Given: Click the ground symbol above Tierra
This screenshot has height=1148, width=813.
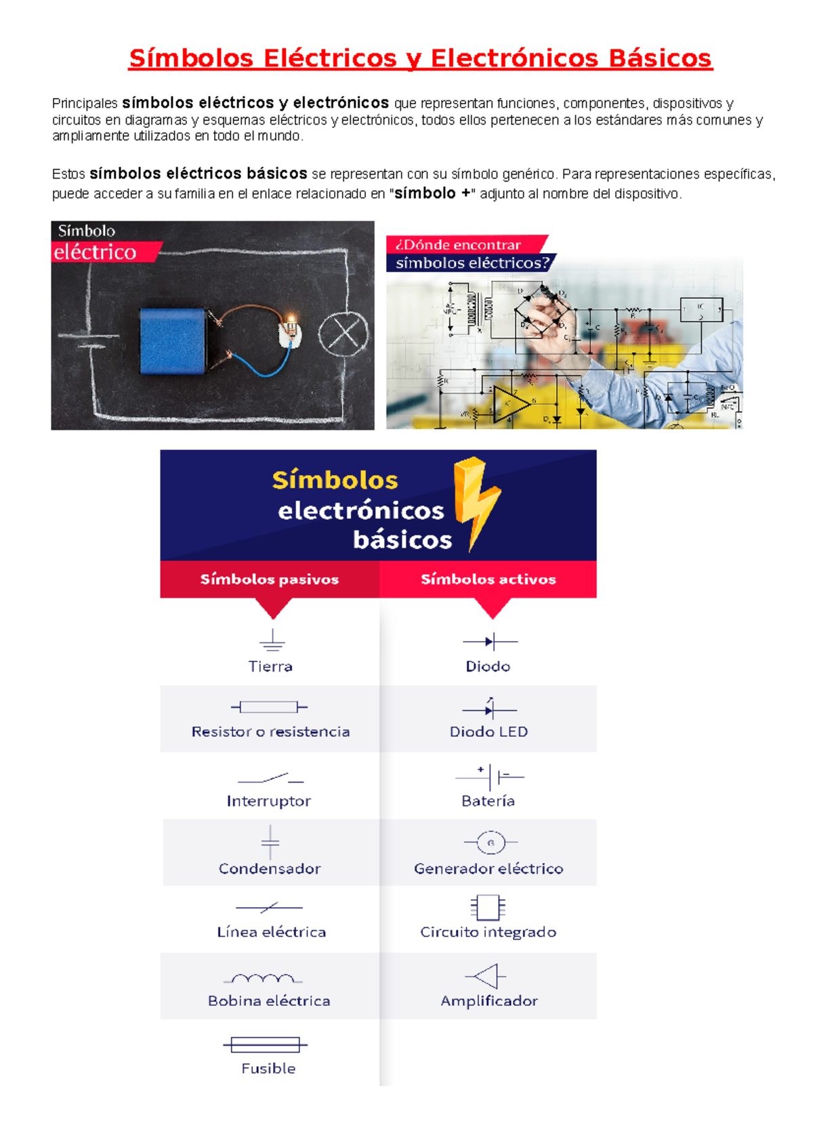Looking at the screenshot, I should tap(272, 640).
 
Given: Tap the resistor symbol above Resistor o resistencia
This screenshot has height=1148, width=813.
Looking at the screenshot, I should tap(269, 707).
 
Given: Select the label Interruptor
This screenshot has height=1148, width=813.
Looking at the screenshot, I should tap(268, 801).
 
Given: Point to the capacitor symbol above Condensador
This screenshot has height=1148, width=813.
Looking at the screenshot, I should tap(270, 842).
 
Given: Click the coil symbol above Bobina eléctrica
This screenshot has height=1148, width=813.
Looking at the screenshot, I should tap(263, 978).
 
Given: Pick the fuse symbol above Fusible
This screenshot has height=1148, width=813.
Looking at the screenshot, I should tap(265, 1044).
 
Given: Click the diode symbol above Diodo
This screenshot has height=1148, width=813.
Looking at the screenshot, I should tap(490, 641).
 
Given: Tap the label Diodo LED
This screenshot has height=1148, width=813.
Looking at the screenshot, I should tap(488, 732).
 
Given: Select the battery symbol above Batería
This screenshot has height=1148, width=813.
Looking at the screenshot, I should tap(491, 776).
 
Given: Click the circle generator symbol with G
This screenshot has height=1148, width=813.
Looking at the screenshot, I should tap(491, 842).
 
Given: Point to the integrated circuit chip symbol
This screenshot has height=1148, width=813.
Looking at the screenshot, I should tap(488, 907).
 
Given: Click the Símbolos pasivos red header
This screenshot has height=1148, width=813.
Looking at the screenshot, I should tap(269, 579).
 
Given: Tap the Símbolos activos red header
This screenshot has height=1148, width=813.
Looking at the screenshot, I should tap(488, 579).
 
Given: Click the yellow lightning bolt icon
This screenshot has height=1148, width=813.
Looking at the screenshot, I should tap(476, 501).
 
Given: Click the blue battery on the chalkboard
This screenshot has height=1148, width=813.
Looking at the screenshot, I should tap(173, 341).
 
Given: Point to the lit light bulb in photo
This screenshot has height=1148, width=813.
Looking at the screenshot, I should tap(291, 327).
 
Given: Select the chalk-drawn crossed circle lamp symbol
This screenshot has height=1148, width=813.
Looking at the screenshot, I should tap(343, 333).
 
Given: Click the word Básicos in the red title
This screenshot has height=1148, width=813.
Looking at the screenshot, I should tap(660, 58).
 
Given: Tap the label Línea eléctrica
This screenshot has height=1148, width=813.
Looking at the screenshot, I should tap(271, 932).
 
